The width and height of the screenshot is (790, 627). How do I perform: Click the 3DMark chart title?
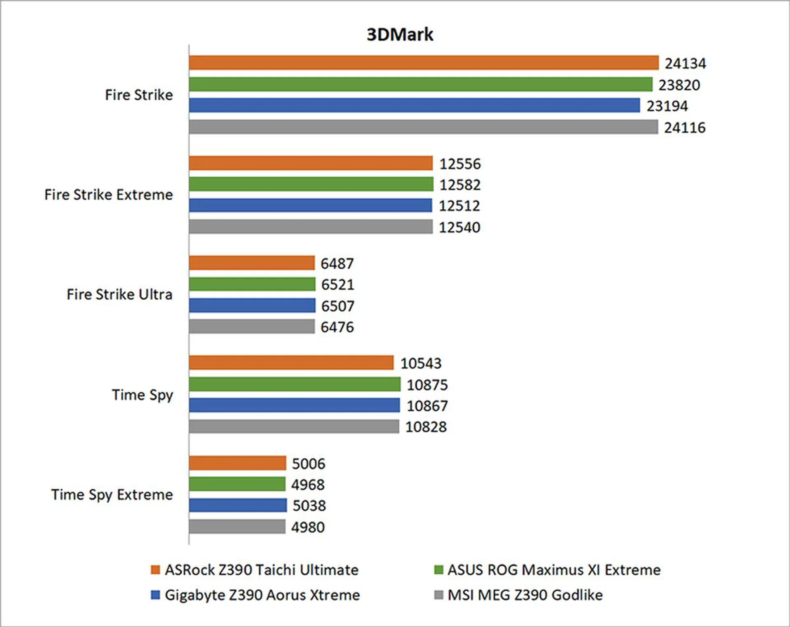click(400, 35)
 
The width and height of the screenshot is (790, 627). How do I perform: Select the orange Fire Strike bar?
click(423, 63)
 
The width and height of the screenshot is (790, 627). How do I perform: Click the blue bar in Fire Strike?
click(414, 105)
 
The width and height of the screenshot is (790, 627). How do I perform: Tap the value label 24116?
click(685, 128)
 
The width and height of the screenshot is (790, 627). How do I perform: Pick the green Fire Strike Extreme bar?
click(311, 184)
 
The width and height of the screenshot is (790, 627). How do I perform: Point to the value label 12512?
click(459, 206)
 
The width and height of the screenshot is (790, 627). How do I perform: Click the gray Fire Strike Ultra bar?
click(252, 326)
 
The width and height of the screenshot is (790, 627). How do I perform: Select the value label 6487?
click(337, 263)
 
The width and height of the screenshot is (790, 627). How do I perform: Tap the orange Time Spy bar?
click(291, 363)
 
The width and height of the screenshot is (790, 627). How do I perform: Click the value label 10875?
click(427, 385)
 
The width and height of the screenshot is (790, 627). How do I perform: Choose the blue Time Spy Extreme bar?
click(238, 505)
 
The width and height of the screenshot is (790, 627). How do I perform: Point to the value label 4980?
click(308, 527)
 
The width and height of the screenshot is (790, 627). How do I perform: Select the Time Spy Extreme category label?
click(112, 494)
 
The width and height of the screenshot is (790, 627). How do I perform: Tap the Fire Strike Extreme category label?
click(109, 195)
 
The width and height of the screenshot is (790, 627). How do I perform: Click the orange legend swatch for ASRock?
click(155, 570)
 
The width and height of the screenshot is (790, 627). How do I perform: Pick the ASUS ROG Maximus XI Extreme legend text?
click(554, 570)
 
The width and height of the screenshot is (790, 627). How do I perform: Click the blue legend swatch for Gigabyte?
click(155, 595)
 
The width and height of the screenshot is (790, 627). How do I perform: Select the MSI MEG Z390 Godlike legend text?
click(525, 595)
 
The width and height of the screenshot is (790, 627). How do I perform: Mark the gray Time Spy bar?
click(294, 427)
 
